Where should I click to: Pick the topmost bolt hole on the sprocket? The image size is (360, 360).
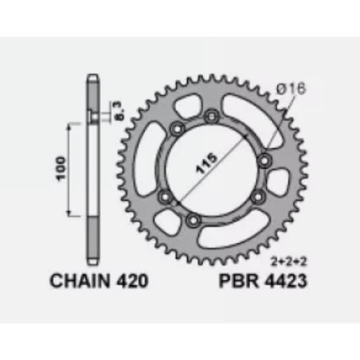point(210,118)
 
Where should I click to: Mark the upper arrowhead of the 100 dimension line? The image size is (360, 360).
point(73,125)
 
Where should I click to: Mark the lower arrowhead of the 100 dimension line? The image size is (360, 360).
point(73,213)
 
